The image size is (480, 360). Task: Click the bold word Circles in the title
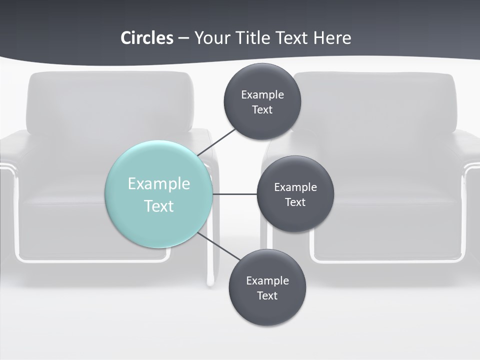(147, 38)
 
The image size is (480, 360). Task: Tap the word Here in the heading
(332, 38)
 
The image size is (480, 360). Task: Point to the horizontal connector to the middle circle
(234, 194)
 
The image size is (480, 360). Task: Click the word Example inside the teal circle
(159, 184)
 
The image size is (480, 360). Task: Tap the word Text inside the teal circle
(159, 206)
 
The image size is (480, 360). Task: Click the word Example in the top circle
(262, 95)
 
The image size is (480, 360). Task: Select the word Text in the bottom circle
(267, 296)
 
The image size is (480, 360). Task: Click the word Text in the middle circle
(295, 202)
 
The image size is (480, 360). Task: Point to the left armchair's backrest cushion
(110, 102)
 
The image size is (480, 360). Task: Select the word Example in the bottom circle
(267, 281)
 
